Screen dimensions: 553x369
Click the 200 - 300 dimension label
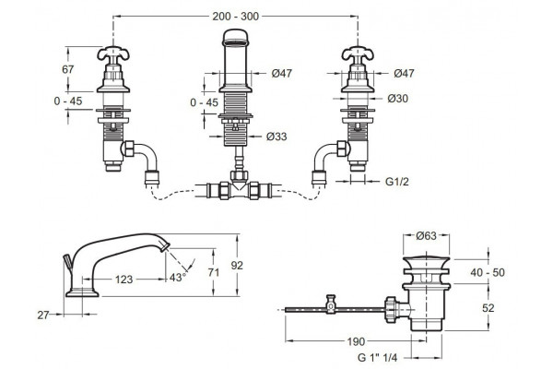235,17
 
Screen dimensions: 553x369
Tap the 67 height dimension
67,69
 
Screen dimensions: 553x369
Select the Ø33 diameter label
276,137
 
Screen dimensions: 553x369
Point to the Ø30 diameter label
398,99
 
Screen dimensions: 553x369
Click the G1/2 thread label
396,182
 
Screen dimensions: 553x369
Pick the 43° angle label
177,277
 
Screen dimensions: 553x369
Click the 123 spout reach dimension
124,280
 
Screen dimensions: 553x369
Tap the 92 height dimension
237,265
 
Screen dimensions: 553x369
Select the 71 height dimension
214,272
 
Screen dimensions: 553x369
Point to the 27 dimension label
43,315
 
